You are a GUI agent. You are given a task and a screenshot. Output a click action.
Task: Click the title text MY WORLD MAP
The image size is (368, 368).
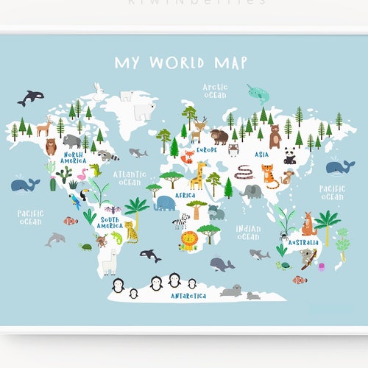[180, 62]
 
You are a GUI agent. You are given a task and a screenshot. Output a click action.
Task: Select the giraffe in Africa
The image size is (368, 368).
[197, 176]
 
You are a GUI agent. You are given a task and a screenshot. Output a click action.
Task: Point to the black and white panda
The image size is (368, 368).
[289, 155]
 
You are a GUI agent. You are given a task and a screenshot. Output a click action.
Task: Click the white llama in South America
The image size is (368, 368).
[110, 259]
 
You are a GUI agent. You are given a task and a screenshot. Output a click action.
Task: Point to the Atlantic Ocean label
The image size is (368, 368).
[130, 178]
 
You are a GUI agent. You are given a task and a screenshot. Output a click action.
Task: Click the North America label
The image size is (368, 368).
[73, 158]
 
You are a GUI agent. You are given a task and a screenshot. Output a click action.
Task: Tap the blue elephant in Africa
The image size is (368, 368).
[164, 202]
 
